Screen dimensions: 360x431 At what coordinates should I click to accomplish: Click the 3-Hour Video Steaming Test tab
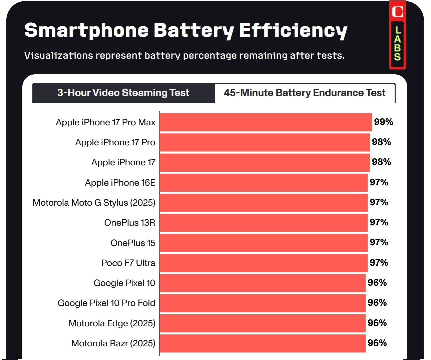(x=123, y=93)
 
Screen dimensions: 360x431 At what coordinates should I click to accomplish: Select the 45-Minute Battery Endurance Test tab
(x=304, y=93)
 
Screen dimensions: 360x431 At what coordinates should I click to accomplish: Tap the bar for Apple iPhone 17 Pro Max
(x=266, y=122)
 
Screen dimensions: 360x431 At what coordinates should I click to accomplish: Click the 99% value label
(x=383, y=122)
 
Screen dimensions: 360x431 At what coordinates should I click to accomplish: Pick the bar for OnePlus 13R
(x=264, y=223)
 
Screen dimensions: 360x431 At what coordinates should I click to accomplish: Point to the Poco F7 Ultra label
(x=128, y=263)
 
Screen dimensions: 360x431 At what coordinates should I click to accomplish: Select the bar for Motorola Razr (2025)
(x=263, y=343)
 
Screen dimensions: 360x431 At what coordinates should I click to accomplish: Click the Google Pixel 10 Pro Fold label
(x=106, y=303)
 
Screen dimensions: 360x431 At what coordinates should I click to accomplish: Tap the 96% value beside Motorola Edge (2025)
(x=377, y=323)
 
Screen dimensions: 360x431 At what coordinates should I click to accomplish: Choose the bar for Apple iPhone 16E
(x=264, y=183)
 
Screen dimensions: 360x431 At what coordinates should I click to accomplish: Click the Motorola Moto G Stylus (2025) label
(x=94, y=203)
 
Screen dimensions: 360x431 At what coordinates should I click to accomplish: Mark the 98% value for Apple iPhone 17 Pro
(x=381, y=142)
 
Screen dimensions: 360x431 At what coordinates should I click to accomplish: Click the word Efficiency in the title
(x=293, y=31)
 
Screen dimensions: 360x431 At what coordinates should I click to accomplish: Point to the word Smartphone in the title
(x=86, y=31)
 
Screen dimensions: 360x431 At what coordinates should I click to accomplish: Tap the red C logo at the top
(x=397, y=12)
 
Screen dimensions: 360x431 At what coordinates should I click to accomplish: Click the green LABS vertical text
(x=397, y=43)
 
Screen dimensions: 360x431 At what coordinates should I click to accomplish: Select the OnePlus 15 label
(x=133, y=243)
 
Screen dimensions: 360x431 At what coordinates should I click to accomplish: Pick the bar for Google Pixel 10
(x=263, y=283)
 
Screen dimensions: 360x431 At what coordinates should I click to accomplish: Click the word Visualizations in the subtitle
(x=59, y=55)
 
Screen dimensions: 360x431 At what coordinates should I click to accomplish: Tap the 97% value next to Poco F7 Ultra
(x=379, y=263)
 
